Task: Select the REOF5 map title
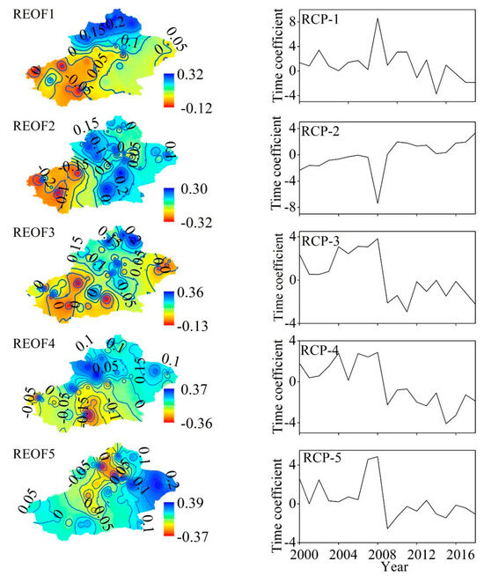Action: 28,454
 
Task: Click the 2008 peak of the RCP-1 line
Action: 378,18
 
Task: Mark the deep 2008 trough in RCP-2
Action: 378,203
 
